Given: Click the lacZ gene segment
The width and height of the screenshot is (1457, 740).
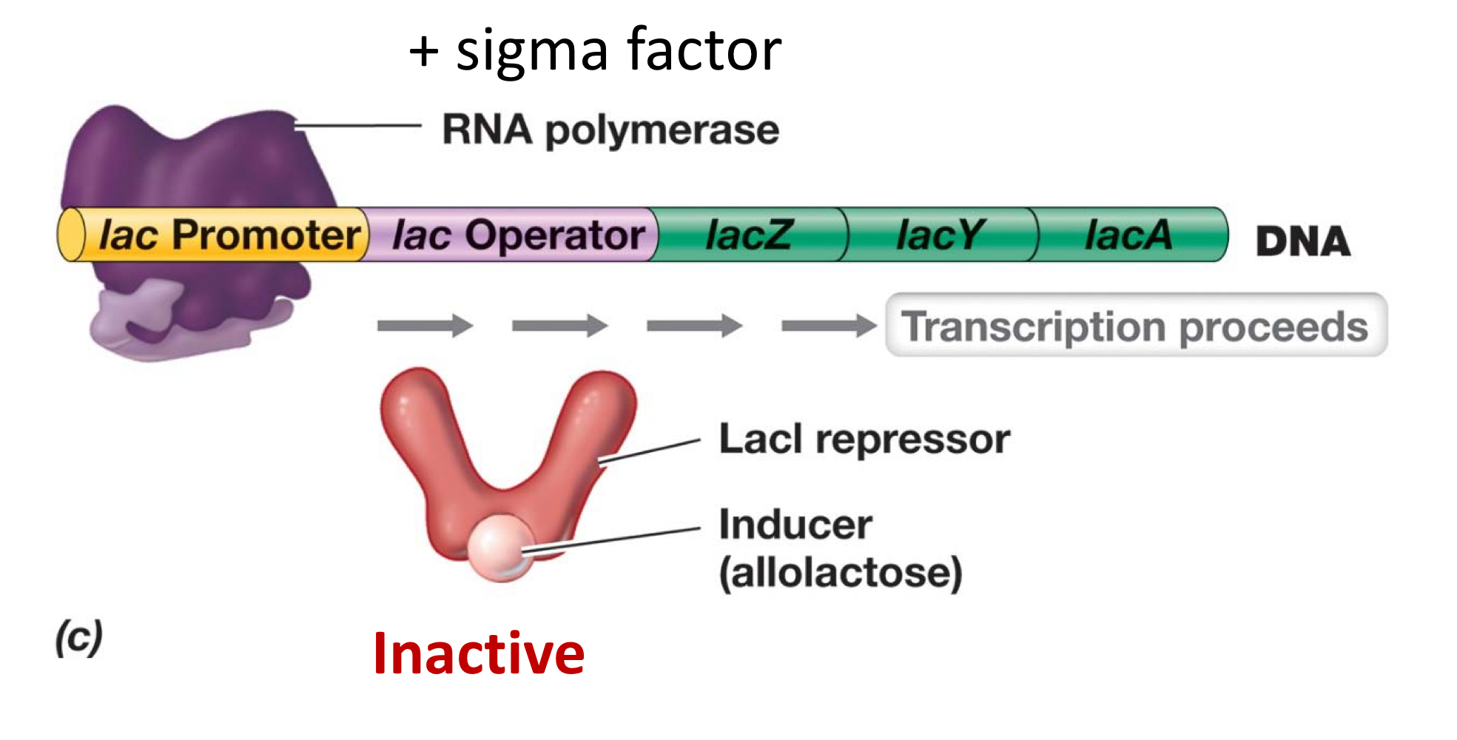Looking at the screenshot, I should coord(749,235).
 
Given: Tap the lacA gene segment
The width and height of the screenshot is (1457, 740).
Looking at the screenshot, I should coord(1128,235).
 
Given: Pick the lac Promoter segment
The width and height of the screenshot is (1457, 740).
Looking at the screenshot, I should coord(229,235).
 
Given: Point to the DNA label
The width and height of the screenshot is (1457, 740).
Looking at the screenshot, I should coord(1303,241).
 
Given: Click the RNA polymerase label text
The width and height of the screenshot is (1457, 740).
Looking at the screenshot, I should coord(610,130).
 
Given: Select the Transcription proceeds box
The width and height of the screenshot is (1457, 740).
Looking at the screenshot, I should coord(1135,326).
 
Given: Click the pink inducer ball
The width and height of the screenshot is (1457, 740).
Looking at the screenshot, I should coord(499,548).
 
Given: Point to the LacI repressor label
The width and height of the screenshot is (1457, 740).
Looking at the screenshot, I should coord(864,439).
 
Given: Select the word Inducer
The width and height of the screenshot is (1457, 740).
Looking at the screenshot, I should coord(795,525).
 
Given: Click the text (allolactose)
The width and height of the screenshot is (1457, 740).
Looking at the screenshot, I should coord(841,572).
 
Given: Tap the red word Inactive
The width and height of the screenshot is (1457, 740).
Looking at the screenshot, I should coord(479,653).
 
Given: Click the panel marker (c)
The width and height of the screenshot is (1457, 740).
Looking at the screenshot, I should coord(78,638).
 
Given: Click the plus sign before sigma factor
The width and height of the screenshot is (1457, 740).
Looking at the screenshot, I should coord(424,52).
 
